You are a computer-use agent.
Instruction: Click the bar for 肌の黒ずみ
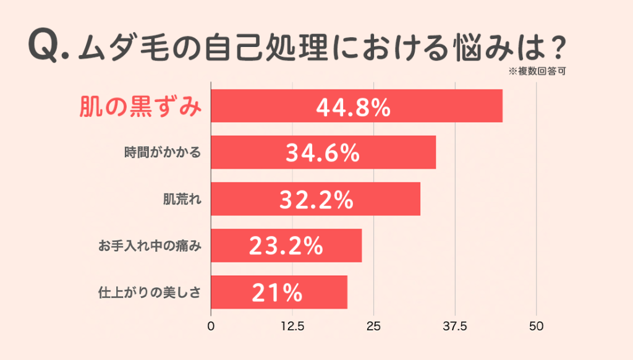357,106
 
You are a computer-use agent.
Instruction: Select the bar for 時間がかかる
323,152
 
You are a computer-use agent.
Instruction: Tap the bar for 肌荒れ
315,199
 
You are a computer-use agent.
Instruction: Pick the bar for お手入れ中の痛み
286,246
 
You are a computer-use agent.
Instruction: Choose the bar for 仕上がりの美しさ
279,292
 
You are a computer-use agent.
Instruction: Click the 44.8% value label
353,108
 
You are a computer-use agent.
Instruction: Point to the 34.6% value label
323,153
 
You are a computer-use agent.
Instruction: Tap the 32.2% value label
316,200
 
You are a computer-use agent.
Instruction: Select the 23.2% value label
286,246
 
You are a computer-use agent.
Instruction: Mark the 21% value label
277,293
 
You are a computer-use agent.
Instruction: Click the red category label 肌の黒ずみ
140,106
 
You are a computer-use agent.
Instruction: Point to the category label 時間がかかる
163,152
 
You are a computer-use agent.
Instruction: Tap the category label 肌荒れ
182,199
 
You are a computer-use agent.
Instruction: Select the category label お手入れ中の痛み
150,246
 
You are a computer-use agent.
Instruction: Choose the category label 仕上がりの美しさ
150,292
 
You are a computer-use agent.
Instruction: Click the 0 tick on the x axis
211,327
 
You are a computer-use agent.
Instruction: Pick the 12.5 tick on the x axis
292,327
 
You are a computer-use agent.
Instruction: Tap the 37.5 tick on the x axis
455,327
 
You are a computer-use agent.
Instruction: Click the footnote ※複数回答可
537,72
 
